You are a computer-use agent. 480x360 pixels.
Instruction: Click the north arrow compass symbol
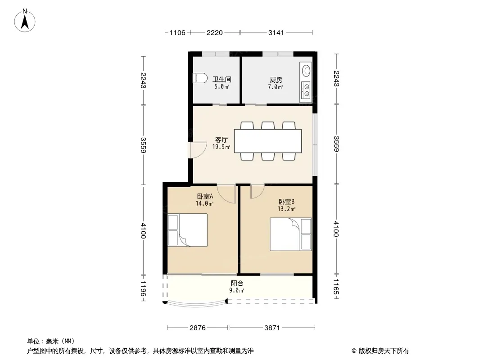(x=25, y=21)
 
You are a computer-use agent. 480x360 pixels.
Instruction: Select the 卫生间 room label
(x=222, y=80)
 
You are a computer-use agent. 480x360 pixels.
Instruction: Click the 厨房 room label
(x=276, y=80)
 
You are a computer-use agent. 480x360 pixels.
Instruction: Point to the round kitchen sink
(x=307, y=70)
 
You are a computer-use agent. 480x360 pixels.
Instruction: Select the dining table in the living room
(x=268, y=141)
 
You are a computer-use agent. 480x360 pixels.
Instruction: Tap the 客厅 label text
(x=222, y=140)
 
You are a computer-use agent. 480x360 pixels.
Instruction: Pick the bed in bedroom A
(x=188, y=230)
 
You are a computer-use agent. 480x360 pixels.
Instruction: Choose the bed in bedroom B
(x=290, y=234)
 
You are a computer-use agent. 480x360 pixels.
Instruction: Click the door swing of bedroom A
(x=227, y=194)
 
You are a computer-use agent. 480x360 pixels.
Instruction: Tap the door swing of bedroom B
(x=257, y=192)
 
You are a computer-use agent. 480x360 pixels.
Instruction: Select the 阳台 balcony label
(x=237, y=283)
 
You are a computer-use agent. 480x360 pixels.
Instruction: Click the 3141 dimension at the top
(x=276, y=32)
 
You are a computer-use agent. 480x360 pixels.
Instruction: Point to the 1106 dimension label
(x=177, y=32)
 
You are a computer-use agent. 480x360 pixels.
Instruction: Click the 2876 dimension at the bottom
(x=198, y=328)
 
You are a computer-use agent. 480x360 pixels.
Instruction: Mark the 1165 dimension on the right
(x=336, y=287)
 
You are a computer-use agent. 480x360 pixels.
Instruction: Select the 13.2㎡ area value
(x=286, y=209)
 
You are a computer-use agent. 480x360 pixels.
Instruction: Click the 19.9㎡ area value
(x=221, y=147)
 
